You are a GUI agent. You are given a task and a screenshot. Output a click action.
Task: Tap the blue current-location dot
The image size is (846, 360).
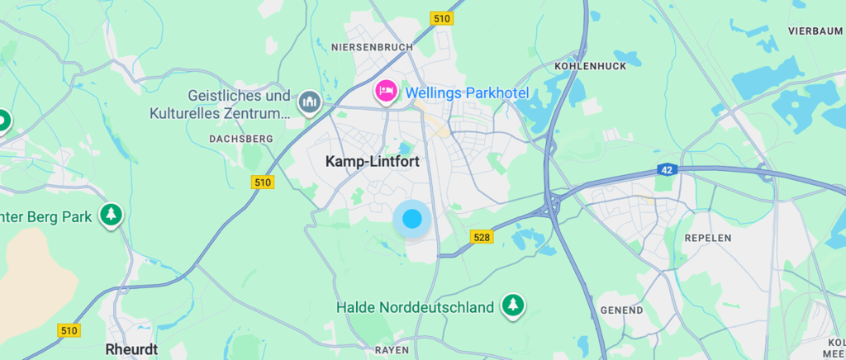pos(411,220)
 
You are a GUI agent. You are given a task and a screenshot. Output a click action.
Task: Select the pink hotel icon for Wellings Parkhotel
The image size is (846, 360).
pos(386,91)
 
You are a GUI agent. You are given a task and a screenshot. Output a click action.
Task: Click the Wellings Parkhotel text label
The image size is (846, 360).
pos(467,93)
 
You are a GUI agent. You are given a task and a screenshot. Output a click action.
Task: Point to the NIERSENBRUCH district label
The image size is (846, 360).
pos(371,47)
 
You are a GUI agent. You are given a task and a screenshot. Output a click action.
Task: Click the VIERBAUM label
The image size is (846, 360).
pos(815,31)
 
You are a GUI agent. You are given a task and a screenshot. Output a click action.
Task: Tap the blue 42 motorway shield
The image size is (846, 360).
pos(666,169)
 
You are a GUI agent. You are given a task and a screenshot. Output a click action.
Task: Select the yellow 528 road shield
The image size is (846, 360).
pos(482,237)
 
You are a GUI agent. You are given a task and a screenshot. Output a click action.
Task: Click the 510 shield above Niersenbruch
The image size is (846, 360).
pos(442,18)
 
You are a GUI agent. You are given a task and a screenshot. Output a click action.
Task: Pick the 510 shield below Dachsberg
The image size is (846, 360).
pos(263,182)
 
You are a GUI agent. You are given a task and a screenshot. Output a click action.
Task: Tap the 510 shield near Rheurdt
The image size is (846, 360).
pos(69,330)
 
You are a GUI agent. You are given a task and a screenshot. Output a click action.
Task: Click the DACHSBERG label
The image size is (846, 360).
pos(235,138)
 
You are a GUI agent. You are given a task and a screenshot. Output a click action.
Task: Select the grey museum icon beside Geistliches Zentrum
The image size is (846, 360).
pos(310,102)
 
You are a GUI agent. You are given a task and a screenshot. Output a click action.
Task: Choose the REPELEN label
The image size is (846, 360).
pos(708,238)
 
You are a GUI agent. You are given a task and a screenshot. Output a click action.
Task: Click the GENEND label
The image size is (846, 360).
pos(623,310)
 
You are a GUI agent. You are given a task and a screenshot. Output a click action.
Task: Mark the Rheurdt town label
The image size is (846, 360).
pos(131,349)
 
